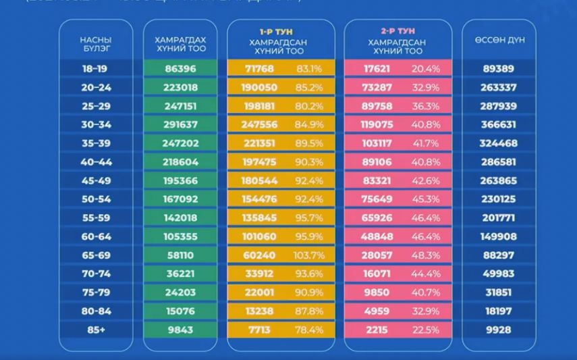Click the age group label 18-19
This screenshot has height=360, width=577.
(94, 69)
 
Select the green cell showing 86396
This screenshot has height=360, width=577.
(180, 69)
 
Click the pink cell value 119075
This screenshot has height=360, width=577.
(371, 124)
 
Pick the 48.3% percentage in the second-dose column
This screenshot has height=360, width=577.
(426, 256)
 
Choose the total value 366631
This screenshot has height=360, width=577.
(499, 124)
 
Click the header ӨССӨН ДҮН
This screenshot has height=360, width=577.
(499, 39)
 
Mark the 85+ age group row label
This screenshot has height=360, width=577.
(94, 330)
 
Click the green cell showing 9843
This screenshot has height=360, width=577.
(180, 330)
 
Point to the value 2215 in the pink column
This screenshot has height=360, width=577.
(371, 330)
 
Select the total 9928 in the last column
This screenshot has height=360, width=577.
(499, 330)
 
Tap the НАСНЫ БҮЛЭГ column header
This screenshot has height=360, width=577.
(94, 44)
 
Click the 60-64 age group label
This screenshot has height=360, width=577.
(94, 237)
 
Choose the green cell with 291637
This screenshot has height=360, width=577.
(180, 124)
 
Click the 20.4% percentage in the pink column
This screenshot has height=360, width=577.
(426, 69)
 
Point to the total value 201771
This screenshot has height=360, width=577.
(499, 218)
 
